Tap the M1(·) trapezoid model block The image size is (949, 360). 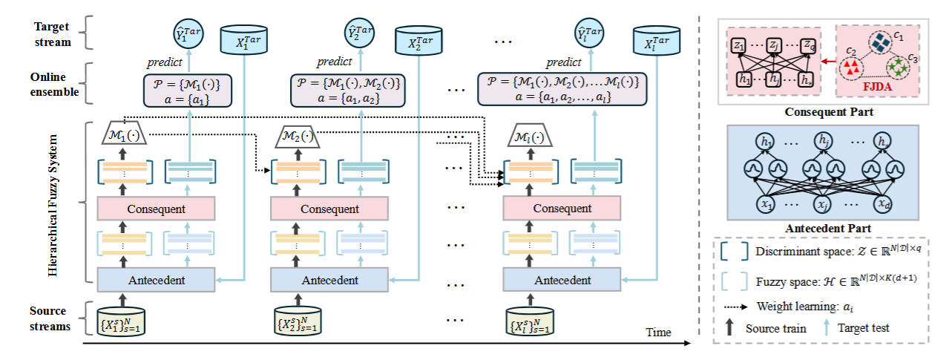click(124, 137)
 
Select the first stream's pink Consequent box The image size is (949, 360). click(156, 209)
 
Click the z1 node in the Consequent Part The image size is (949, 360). click(739, 45)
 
